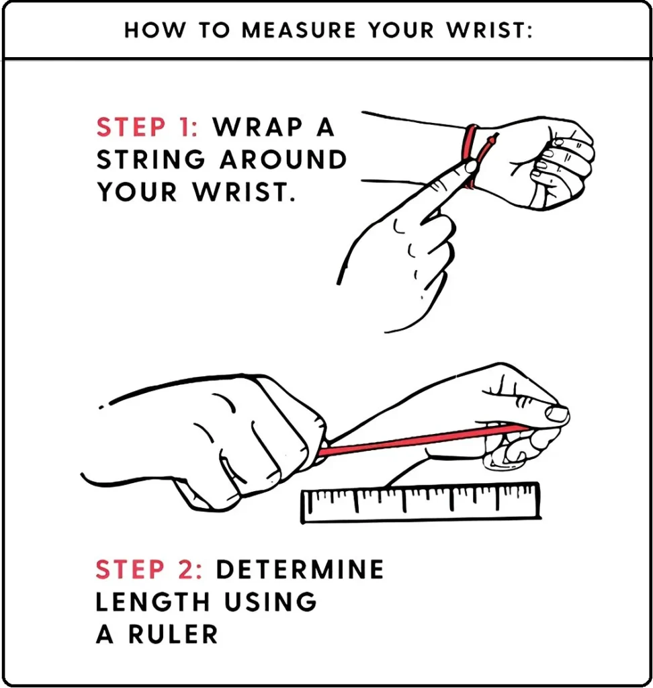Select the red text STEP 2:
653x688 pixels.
coord(149,570)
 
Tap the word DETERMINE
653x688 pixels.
coord(300,570)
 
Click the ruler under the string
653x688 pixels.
coord(421,503)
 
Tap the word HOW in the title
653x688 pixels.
coord(148,32)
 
